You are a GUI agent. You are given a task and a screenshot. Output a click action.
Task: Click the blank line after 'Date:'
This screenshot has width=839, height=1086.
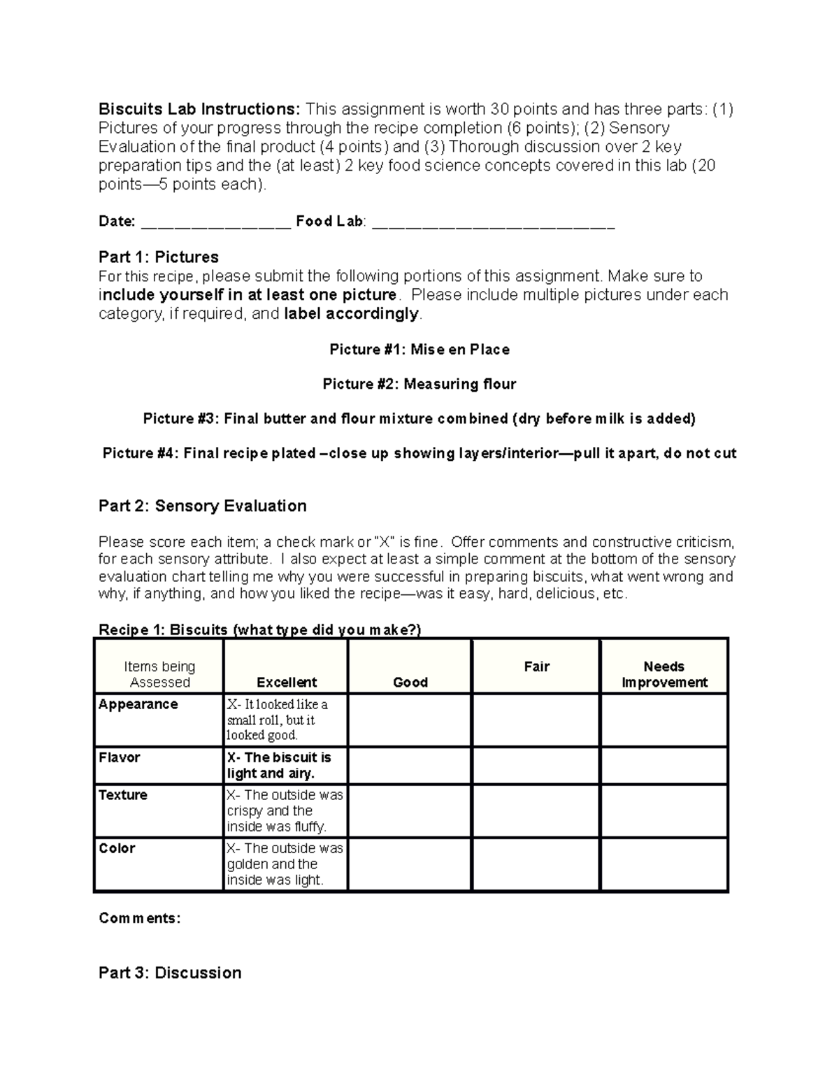pos(215,222)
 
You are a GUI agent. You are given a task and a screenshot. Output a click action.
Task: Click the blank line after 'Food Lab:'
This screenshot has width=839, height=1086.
pos(493,222)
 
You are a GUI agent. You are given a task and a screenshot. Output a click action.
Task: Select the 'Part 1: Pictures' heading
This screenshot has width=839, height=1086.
pos(159,257)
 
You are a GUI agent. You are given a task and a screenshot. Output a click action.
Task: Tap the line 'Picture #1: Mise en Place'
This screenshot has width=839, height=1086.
pos(419,350)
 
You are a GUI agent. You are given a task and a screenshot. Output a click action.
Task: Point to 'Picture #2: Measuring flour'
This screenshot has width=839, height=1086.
pos(419,384)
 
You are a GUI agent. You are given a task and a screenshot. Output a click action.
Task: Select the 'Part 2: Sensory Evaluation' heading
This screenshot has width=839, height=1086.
pos(203,506)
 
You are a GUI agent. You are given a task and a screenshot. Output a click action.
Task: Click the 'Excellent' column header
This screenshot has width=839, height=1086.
pos(287,682)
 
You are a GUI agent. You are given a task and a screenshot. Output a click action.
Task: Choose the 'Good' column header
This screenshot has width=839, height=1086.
pos(410,682)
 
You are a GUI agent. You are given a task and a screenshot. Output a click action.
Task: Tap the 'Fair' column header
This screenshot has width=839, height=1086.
pos(536,666)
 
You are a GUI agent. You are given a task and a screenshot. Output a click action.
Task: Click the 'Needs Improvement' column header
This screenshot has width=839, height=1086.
pos(664,674)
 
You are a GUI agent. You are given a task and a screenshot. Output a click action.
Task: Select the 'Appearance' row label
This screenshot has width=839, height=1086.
pos(138,704)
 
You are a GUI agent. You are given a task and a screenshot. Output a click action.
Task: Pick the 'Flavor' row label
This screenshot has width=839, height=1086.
pos(120,757)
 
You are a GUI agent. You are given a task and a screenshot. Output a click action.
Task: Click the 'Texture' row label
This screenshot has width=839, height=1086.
pos(123,795)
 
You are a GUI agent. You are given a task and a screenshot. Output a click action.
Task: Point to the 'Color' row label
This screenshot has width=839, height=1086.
pos(117,848)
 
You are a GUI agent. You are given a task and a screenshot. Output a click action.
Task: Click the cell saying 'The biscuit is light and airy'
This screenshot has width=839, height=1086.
pos(285,766)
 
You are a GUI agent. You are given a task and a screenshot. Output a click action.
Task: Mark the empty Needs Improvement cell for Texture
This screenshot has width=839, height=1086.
pos(664,811)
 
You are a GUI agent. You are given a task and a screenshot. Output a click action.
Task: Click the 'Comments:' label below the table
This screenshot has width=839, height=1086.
pos(140,918)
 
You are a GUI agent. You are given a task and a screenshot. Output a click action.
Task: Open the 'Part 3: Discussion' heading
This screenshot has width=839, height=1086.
pos(170,973)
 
